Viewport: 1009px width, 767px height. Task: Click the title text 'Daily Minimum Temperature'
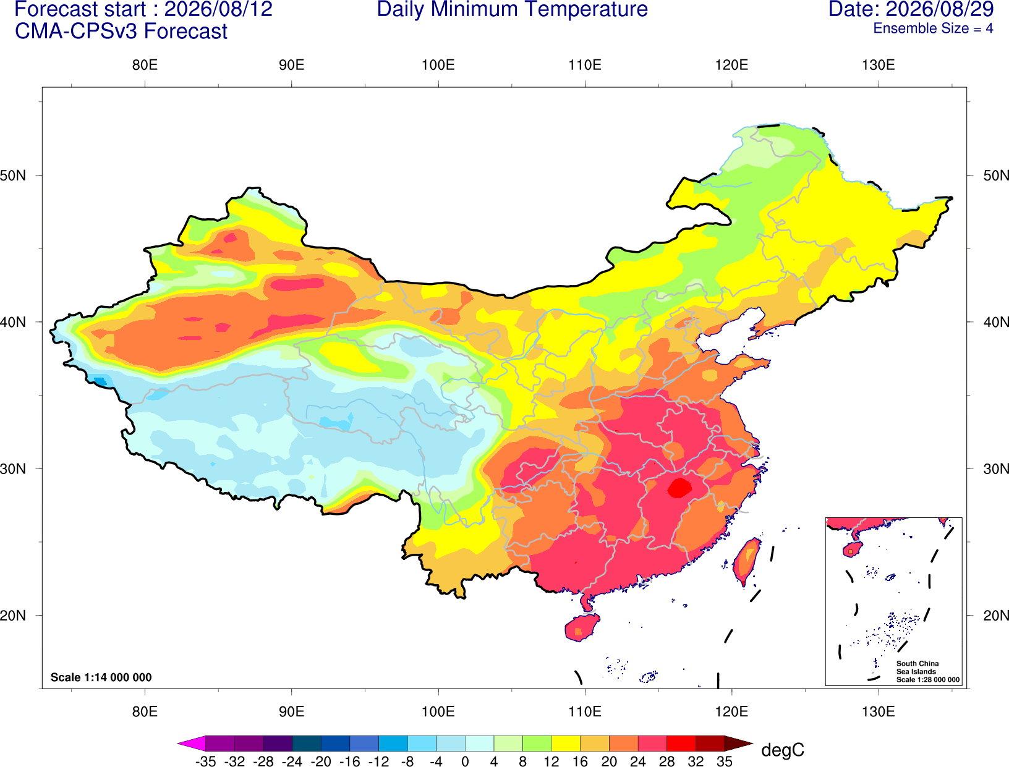click(x=512, y=9)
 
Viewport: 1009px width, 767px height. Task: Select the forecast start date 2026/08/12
click(x=218, y=9)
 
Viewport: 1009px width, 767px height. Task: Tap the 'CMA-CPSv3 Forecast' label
click(x=121, y=32)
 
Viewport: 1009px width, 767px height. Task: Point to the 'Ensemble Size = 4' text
click(x=933, y=28)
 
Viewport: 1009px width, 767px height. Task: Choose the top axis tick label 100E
click(x=438, y=65)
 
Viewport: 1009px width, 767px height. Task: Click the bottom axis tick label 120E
click(x=731, y=712)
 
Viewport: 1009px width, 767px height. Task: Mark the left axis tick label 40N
click(x=13, y=322)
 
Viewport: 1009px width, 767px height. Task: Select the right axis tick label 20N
click(x=996, y=616)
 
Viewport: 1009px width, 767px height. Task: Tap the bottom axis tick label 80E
click(x=145, y=712)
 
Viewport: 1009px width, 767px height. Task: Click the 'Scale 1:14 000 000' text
click(x=101, y=677)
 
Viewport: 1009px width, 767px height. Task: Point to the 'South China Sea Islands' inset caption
click(x=917, y=667)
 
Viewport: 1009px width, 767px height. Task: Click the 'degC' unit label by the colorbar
click(x=782, y=750)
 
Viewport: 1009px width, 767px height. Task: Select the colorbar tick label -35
click(x=205, y=761)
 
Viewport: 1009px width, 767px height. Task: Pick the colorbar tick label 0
click(x=465, y=761)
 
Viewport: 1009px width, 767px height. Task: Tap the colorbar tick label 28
click(x=666, y=761)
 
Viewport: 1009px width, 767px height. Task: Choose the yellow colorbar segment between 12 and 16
click(x=566, y=743)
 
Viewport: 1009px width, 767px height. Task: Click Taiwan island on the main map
click(x=746, y=561)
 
